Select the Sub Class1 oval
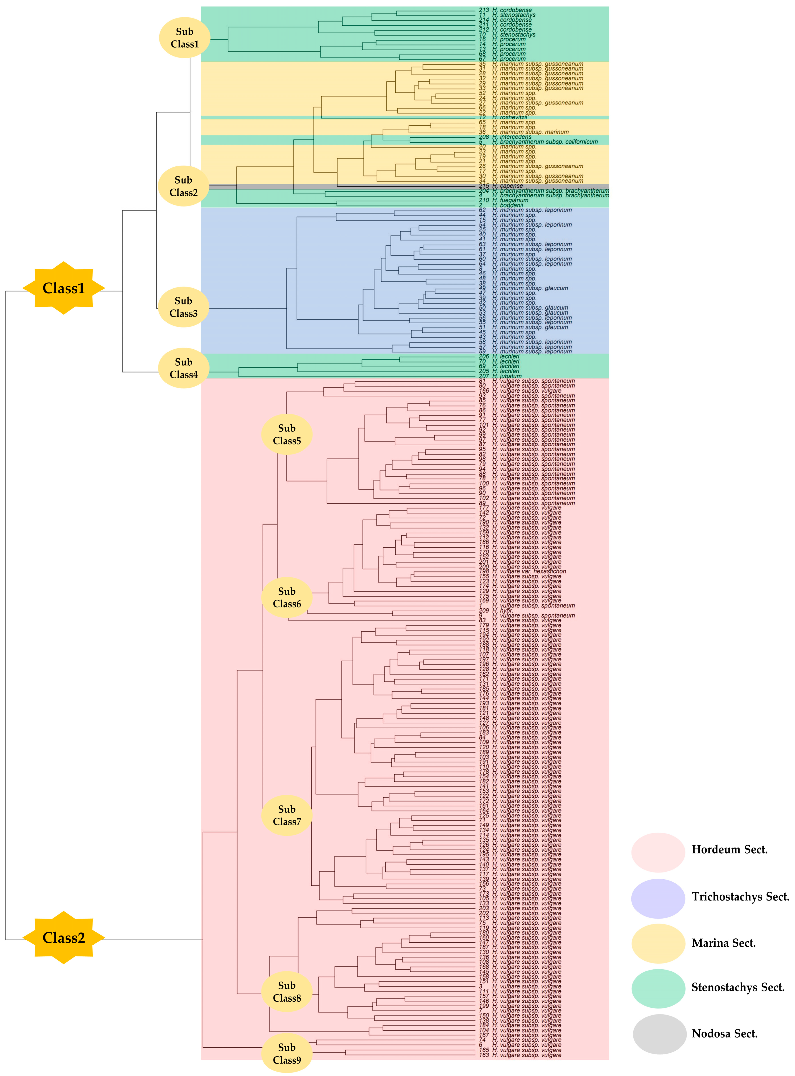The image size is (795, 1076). point(185,38)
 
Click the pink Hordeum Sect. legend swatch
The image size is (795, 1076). point(658,852)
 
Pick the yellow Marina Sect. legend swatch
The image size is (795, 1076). point(658,943)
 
